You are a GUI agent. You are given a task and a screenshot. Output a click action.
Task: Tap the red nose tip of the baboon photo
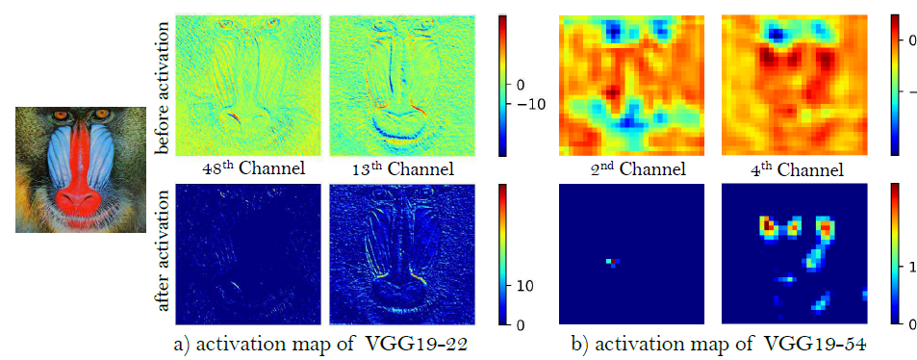[x=81, y=202]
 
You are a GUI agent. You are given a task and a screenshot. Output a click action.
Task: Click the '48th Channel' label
[x=247, y=169]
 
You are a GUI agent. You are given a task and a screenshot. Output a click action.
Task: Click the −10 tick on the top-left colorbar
[x=528, y=105]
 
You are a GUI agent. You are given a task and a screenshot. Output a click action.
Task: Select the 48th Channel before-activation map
[x=248, y=86]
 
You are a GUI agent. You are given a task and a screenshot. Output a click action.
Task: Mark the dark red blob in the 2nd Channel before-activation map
[x=612, y=92]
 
